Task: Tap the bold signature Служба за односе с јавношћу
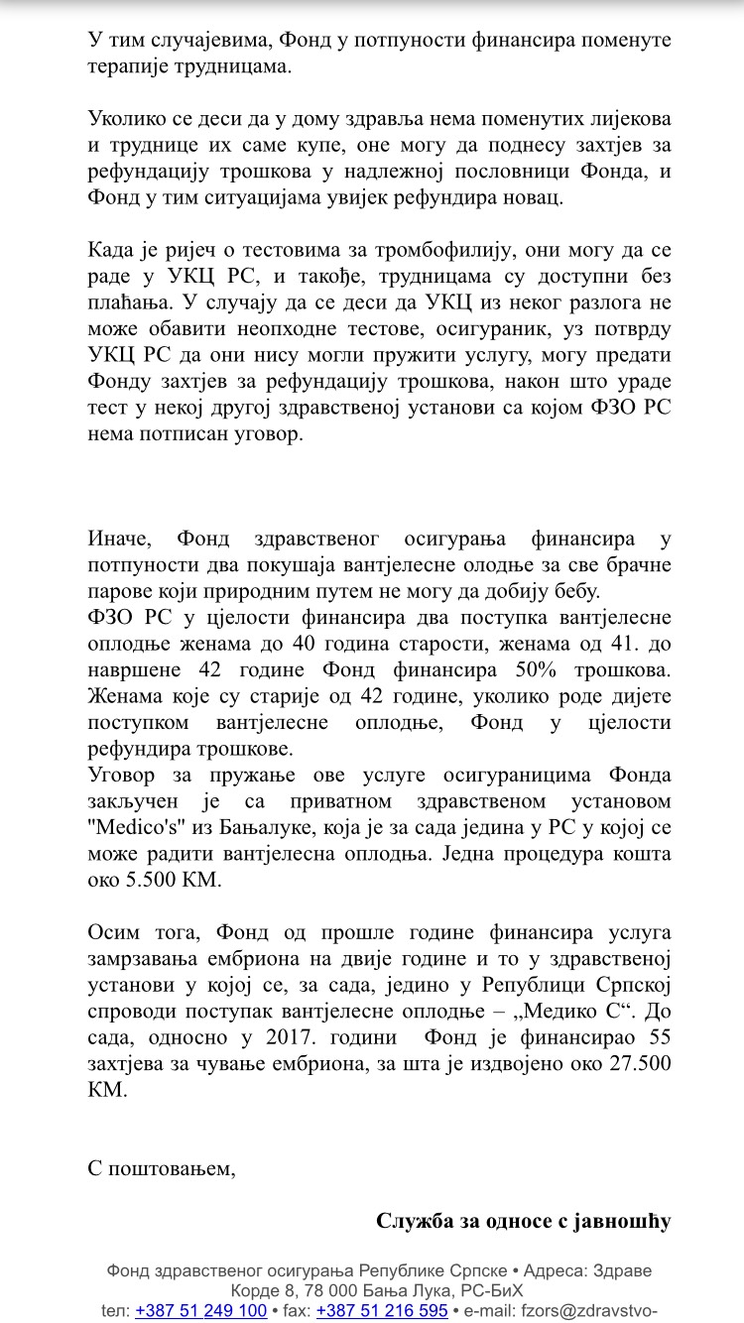pos(524,1220)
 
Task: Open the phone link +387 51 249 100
pos(201,1310)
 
